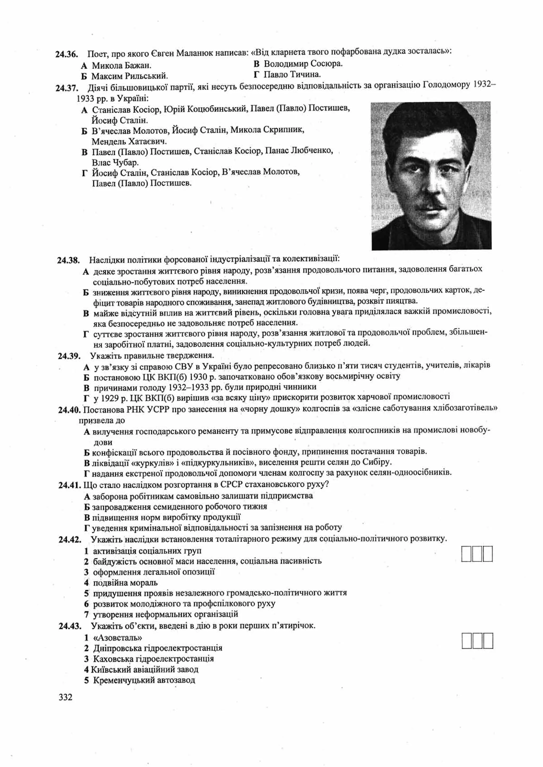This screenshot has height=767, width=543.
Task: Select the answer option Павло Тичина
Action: pyautogui.click(x=292, y=74)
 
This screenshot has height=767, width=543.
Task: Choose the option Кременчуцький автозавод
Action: pyautogui.click(x=144, y=680)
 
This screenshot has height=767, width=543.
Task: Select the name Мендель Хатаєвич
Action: pyautogui.click(x=129, y=141)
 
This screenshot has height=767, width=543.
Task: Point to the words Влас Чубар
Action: pyautogui.click(x=115, y=163)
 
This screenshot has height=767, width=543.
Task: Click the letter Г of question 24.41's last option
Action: pyautogui.click(x=87, y=528)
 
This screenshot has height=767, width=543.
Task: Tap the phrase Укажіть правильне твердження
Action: pyautogui.click(x=152, y=355)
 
